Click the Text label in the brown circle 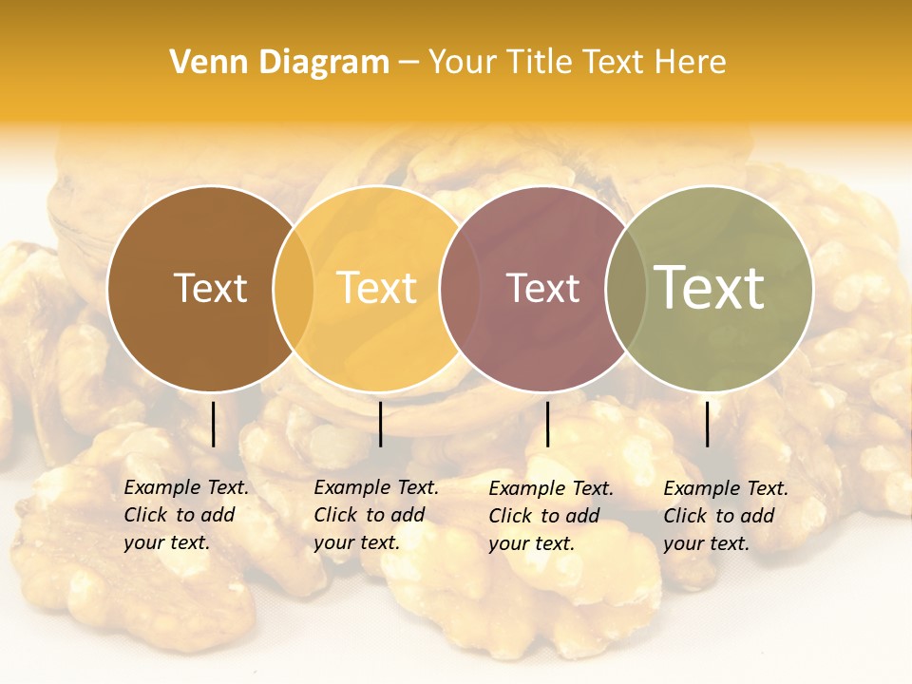[210, 288]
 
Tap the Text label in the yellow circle [377, 288]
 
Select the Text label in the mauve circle [542, 288]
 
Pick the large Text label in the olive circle [710, 288]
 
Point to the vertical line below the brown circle [213, 424]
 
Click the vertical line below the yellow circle [380, 424]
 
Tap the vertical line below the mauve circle [547, 424]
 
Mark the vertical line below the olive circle [707, 424]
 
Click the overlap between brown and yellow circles [294, 288]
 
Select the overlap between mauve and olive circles [626, 288]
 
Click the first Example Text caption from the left [185, 515]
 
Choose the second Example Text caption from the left [375, 515]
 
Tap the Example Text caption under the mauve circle [550, 516]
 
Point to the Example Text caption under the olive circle [725, 516]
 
